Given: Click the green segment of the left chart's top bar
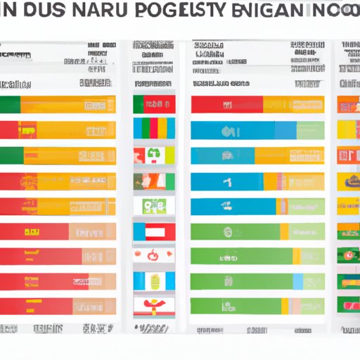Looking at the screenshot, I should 10,105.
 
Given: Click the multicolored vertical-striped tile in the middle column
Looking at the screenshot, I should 153,130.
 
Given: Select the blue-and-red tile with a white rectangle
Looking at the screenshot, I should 153,231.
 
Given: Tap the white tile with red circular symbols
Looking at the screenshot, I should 153,257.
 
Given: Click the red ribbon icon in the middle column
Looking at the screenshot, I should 153,307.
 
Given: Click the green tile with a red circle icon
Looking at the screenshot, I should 349,257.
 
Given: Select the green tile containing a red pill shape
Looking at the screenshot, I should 349,307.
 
